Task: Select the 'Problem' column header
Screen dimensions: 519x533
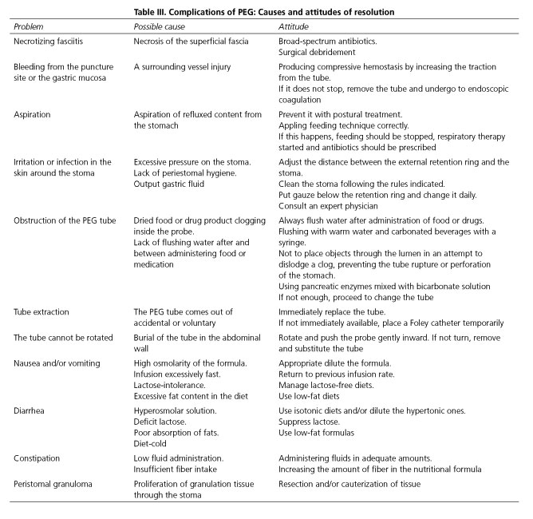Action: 30,26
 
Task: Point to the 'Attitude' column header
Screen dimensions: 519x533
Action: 292,26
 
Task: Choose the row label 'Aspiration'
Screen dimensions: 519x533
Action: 33,115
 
